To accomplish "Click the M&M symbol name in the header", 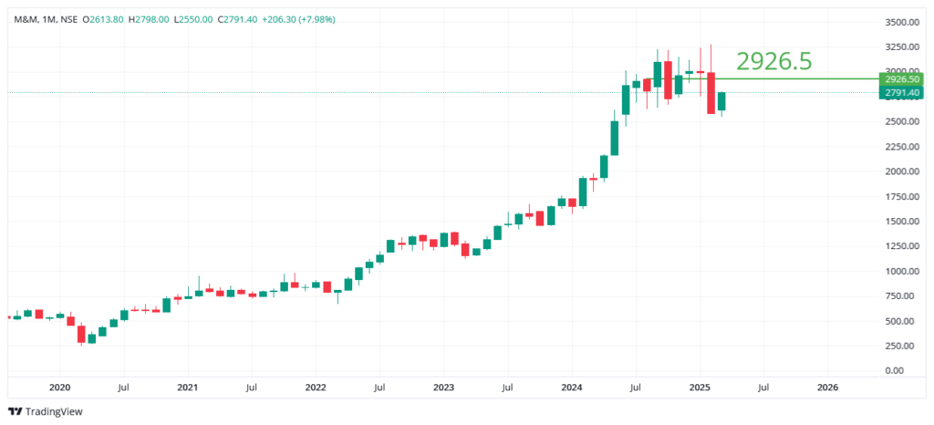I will (25, 18).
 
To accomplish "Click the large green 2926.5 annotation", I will (773, 61).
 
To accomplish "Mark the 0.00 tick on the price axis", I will (908, 370).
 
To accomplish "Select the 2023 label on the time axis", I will (443, 387).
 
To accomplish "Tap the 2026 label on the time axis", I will (827, 387).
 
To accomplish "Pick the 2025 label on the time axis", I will (700, 387).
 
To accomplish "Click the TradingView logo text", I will (53, 411).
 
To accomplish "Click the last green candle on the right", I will (721, 101).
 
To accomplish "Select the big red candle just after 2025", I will (711, 93).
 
